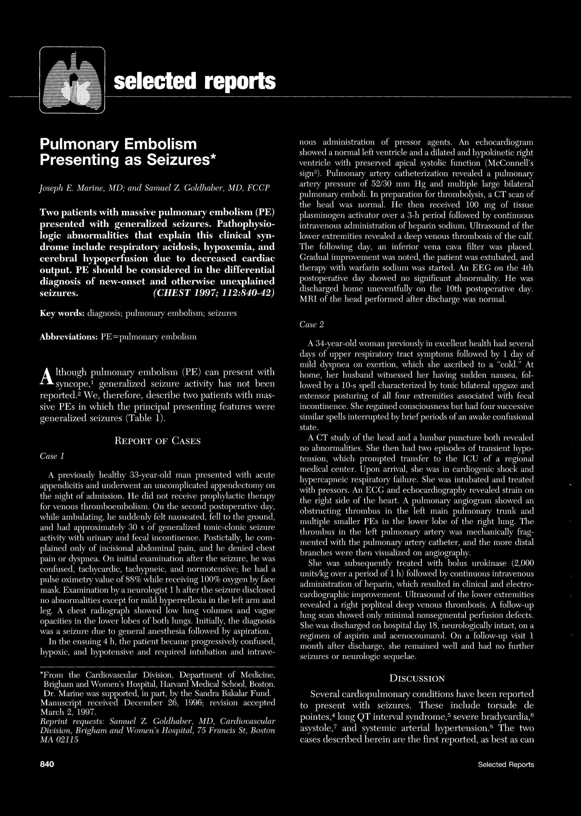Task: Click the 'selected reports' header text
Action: [x=195, y=81]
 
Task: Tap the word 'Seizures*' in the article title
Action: [x=182, y=159]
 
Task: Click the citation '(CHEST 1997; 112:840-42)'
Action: [x=214, y=293]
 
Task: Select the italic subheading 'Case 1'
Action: [x=52, y=456]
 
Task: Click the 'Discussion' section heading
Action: [x=417, y=678]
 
